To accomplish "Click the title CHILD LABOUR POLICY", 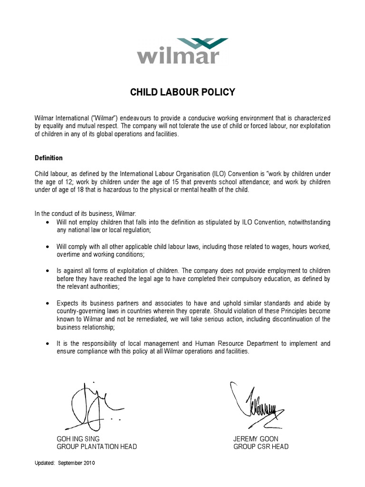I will click(x=182, y=92).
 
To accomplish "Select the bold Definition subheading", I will click(x=48, y=158).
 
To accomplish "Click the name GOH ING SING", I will click(x=78, y=438).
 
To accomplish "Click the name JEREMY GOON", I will click(x=256, y=438).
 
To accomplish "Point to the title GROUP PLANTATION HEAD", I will click(x=97, y=447).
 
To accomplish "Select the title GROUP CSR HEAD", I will click(x=261, y=447).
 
